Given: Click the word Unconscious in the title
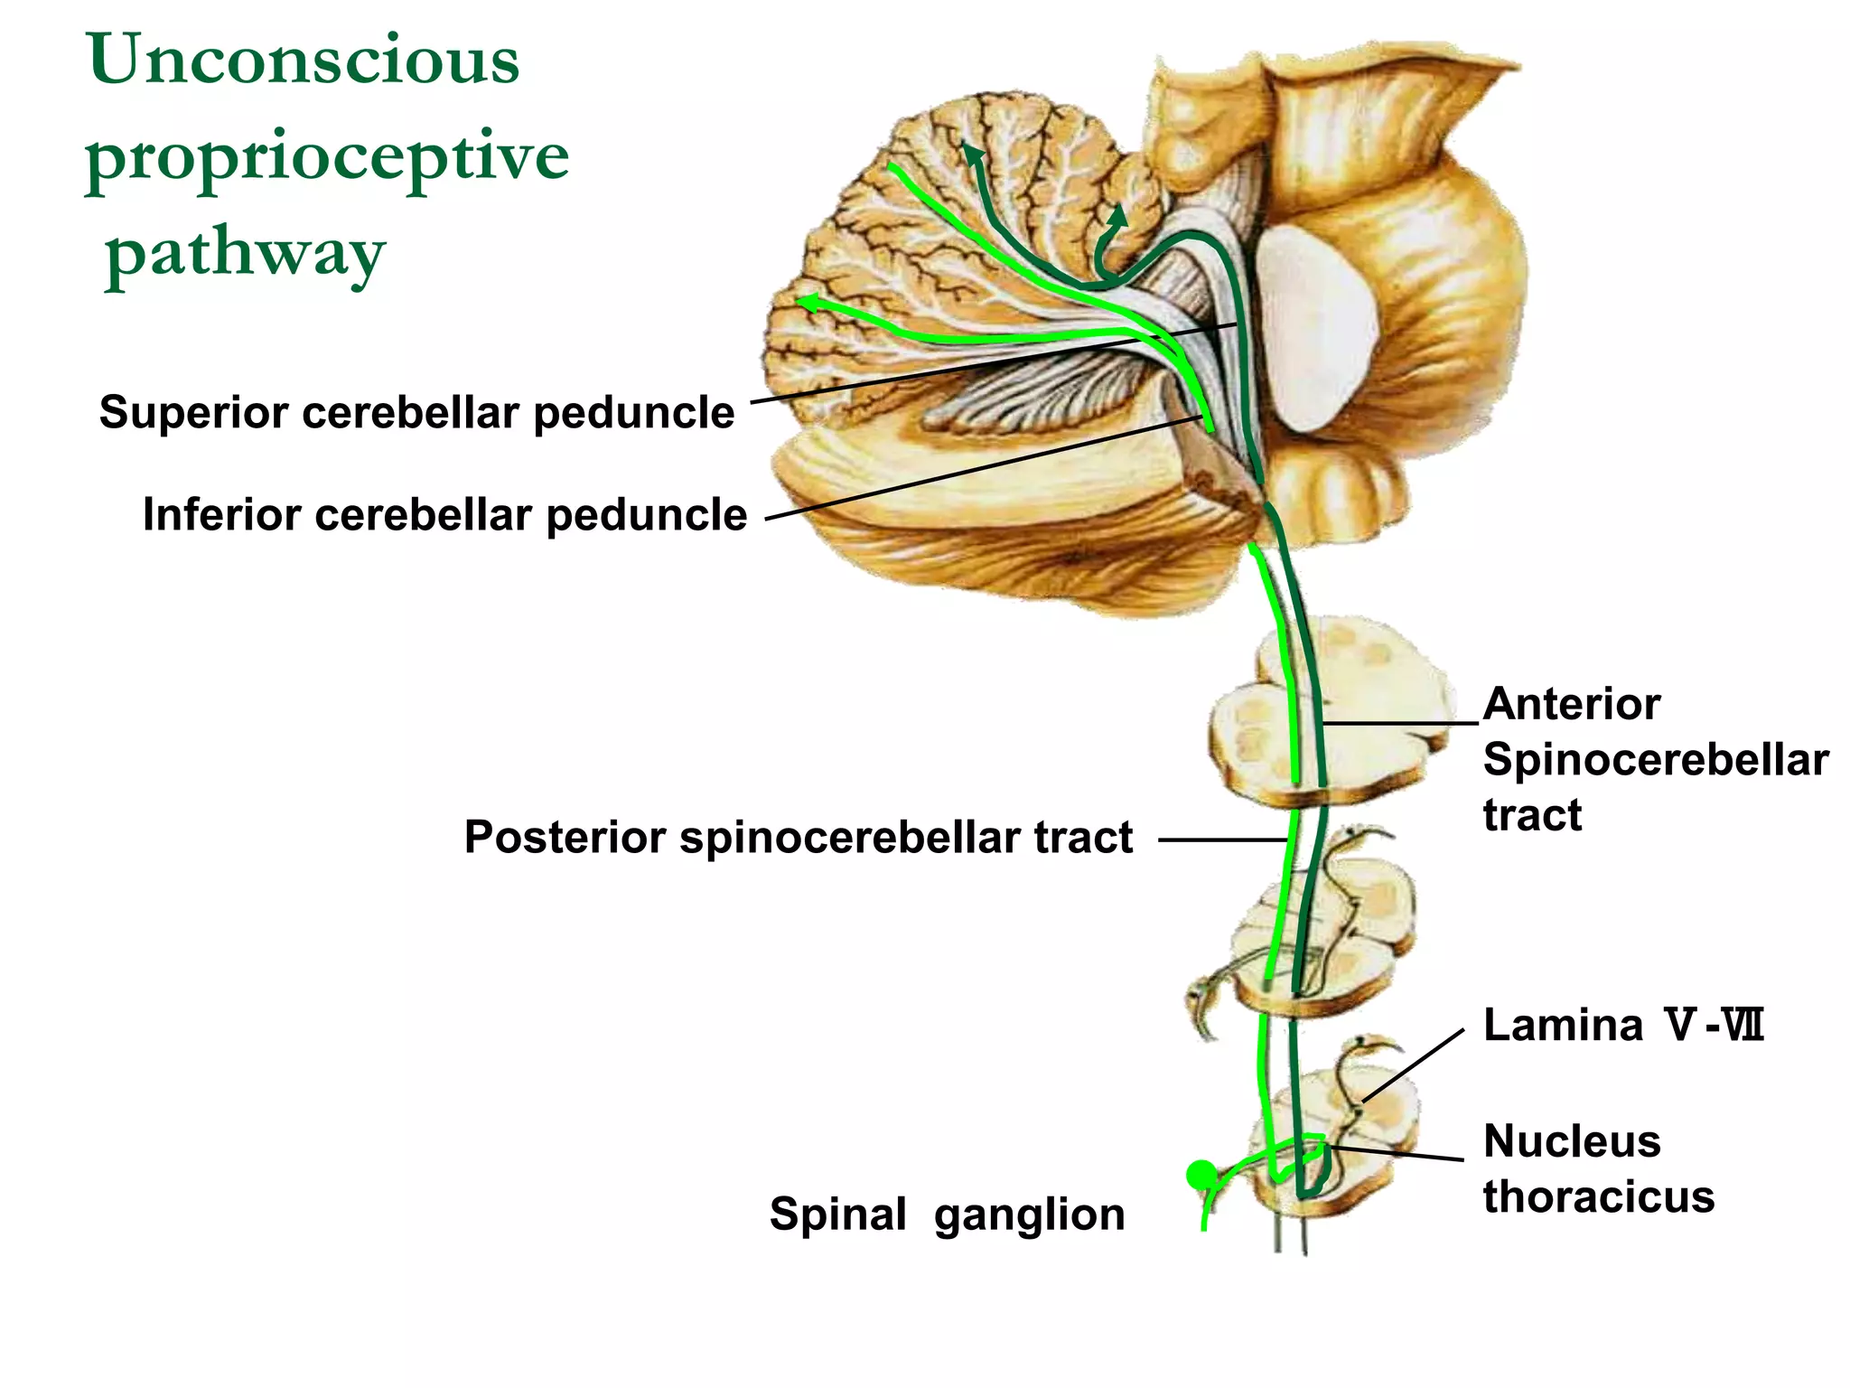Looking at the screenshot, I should coord(304,60).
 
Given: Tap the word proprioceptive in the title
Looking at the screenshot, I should coord(327,157).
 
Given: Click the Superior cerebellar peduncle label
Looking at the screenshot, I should coord(416,413).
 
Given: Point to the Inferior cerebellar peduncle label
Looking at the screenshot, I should coord(444,515).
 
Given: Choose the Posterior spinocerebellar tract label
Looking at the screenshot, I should coord(798,837).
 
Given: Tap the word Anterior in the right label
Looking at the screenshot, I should coord(1571,704).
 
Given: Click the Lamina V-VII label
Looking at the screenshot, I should coord(1622,1026).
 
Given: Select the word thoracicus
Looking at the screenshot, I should coord(1598,1197).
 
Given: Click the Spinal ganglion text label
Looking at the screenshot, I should coord(947,1214).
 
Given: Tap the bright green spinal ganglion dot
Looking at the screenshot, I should coord(1201,1175).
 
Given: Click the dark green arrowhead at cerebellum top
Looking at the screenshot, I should coord(972,154).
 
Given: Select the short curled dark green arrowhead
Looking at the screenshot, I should coord(1118,216).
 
